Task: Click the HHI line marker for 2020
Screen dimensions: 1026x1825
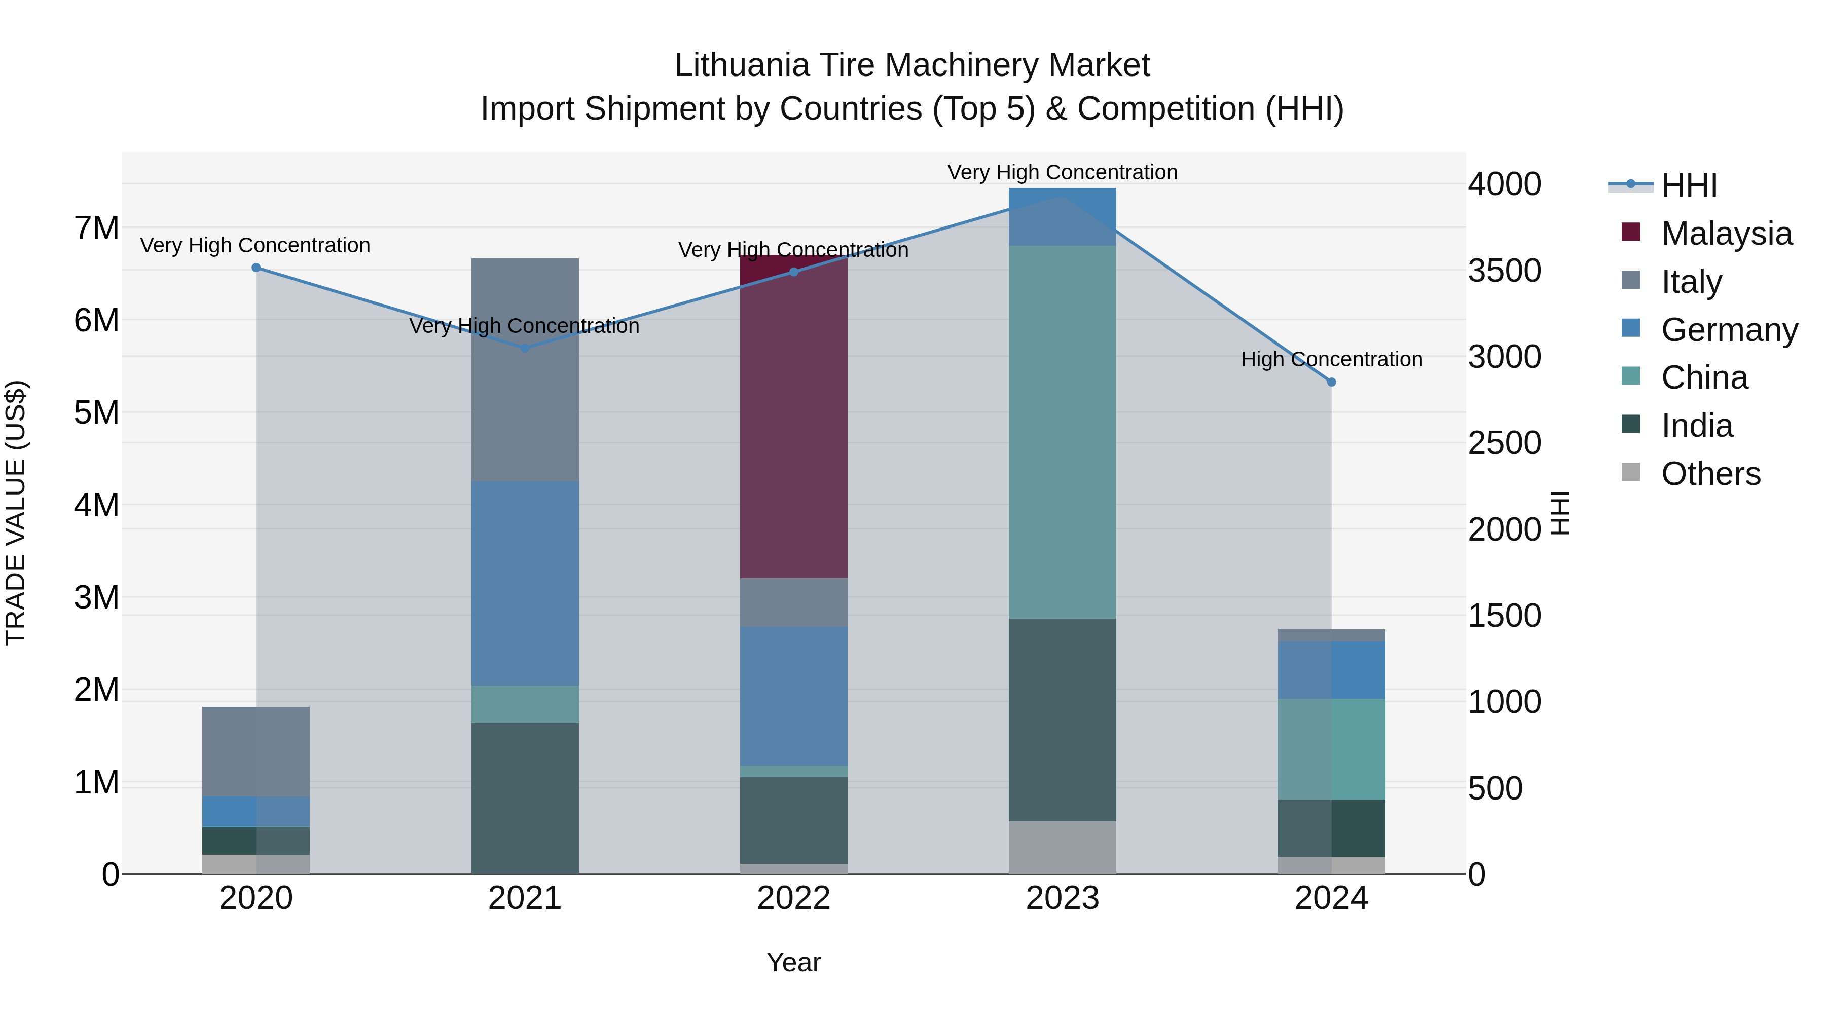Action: (x=257, y=268)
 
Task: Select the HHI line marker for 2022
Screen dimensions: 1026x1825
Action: (x=793, y=272)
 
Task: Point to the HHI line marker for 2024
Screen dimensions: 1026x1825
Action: (x=1331, y=383)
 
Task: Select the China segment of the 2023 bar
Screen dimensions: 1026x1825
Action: (x=1062, y=432)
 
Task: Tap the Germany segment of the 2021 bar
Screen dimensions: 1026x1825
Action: (x=525, y=584)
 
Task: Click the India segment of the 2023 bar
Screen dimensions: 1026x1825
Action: (x=1062, y=719)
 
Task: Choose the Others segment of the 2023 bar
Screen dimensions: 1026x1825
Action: (x=1062, y=848)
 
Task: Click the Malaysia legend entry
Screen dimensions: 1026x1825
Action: (x=1727, y=234)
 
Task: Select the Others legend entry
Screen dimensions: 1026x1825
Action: (x=1710, y=474)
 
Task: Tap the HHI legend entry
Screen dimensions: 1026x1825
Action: (x=1689, y=185)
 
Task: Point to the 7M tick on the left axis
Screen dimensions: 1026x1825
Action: (x=97, y=229)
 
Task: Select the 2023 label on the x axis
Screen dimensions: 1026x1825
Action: (x=1062, y=898)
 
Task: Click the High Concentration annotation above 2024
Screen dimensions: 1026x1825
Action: (x=1331, y=360)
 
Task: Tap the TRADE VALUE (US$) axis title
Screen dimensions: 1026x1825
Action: (x=16, y=513)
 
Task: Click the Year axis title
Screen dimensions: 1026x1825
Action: (x=793, y=962)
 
